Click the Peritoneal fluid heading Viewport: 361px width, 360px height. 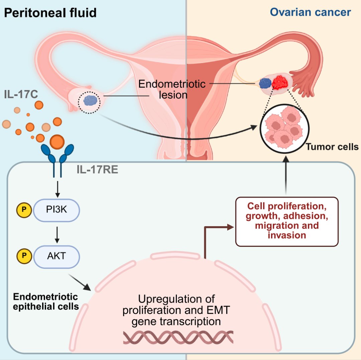pyautogui.click(x=50, y=13)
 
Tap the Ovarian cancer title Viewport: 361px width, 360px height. pyautogui.click(x=310, y=12)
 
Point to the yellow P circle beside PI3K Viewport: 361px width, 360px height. pyautogui.click(x=24, y=209)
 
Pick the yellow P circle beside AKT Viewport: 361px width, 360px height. pyautogui.click(x=24, y=256)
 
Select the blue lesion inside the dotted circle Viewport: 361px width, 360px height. pyautogui.click(x=90, y=100)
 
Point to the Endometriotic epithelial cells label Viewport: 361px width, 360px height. pyautogui.click(x=45, y=301)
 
